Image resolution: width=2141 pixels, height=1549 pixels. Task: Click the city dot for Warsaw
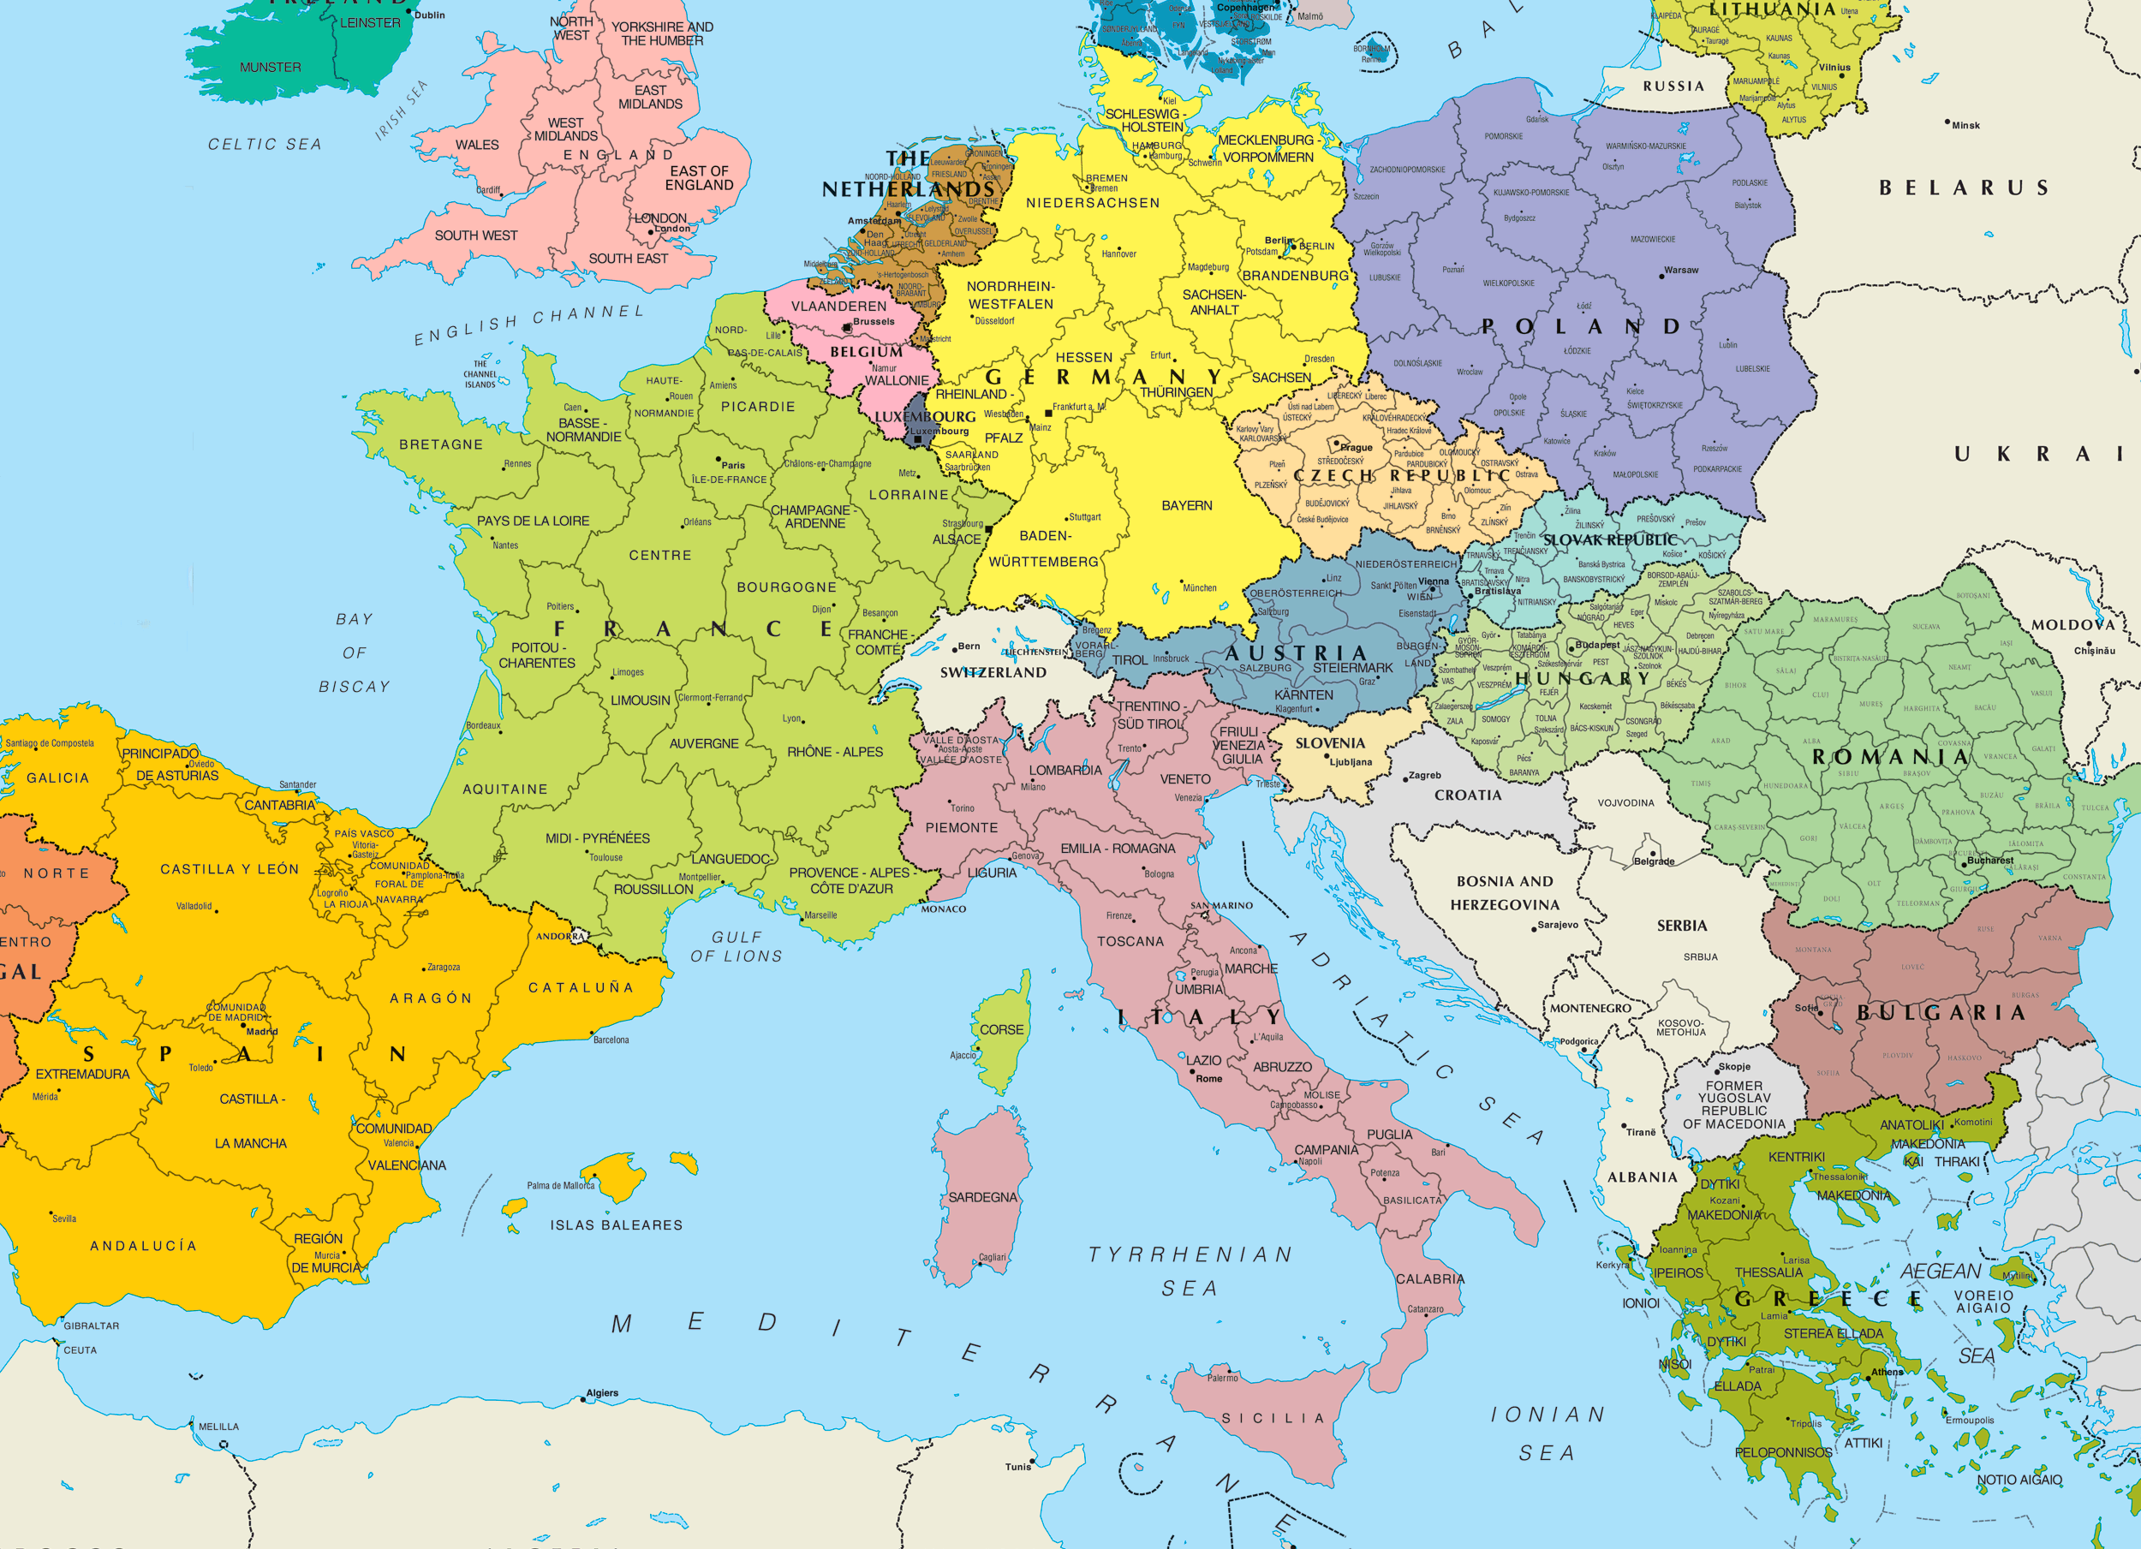click(1661, 276)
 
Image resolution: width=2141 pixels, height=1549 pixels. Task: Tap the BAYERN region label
click(1187, 506)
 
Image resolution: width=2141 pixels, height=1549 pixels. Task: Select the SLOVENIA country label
click(1329, 743)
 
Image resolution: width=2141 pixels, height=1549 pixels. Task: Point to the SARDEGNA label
click(982, 1197)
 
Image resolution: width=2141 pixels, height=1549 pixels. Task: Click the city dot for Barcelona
click(593, 1033)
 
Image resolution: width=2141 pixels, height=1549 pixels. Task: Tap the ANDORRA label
click(560, 937)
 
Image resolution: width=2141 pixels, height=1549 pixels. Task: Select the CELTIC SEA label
click(265, 145)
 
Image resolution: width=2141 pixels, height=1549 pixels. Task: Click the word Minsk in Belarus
click(1965, 126)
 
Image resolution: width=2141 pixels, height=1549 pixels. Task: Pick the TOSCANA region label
click(1130, 941)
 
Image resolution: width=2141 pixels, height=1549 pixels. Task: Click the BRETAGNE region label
click(441, 444)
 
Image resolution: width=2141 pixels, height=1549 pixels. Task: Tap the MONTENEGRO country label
click(1589, 1008)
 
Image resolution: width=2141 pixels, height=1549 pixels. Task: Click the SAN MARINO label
click(1221, 905)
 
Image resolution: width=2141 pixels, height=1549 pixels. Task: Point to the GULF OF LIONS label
click(737, 946)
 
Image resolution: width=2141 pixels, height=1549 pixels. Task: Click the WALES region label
click(477, 145)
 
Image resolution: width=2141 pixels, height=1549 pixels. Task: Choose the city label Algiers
click(602, 1392)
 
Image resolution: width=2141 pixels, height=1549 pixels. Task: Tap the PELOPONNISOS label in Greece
click(1782, 1451)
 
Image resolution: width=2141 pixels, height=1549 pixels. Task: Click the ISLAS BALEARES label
click(616, 1225)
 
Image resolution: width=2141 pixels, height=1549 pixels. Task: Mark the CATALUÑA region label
click(581, 987)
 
